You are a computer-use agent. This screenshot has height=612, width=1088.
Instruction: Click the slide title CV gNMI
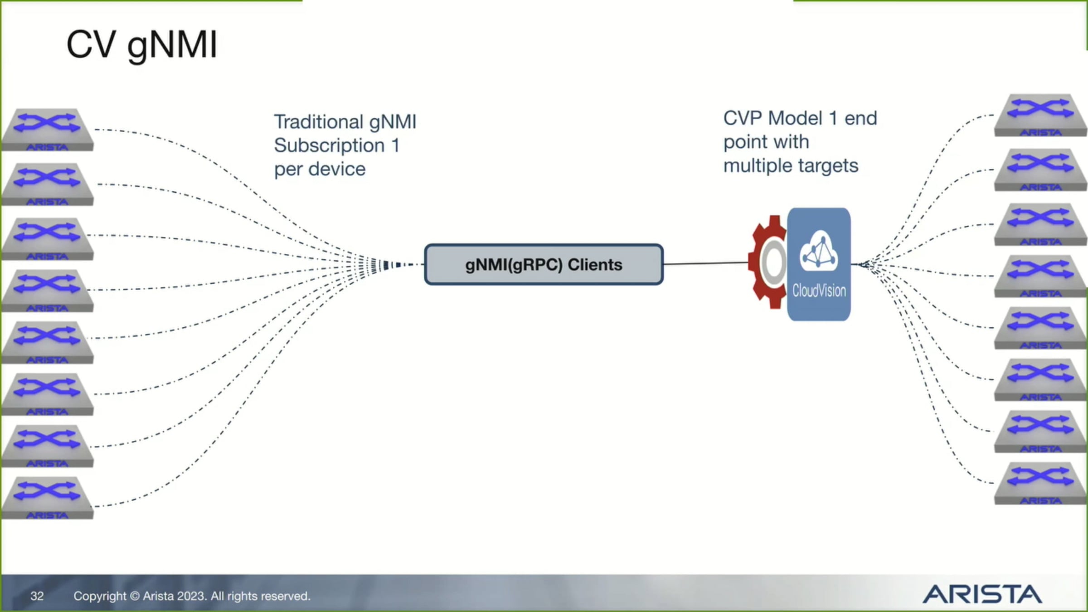pos(142,45)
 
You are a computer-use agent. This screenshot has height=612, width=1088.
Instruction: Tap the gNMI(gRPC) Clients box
pos(544,265)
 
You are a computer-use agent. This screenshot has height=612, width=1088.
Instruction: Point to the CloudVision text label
pos(819,291)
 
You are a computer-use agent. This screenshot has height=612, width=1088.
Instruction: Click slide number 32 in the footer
pos(37,596)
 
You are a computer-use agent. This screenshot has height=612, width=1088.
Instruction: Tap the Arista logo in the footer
pos(982,594)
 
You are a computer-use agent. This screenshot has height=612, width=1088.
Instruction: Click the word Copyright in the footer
pos(100,596)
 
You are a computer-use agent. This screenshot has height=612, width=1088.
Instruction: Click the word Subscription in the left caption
pos(329,146)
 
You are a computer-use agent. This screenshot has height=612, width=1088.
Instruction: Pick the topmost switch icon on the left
pos(47,129)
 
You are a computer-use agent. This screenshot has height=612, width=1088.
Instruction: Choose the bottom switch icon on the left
pos(47,497)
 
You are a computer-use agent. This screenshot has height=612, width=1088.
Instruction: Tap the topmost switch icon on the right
pos(1040,115)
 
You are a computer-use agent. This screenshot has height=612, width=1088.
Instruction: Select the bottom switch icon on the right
pos(1040,483)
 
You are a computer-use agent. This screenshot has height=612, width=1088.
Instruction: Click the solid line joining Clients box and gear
pos(705,263)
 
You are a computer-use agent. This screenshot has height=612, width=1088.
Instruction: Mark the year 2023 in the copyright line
pos(191,596)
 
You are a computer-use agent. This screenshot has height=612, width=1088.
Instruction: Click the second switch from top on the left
pos(47,184)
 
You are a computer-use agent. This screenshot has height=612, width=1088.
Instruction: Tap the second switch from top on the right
pos(1040,169)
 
